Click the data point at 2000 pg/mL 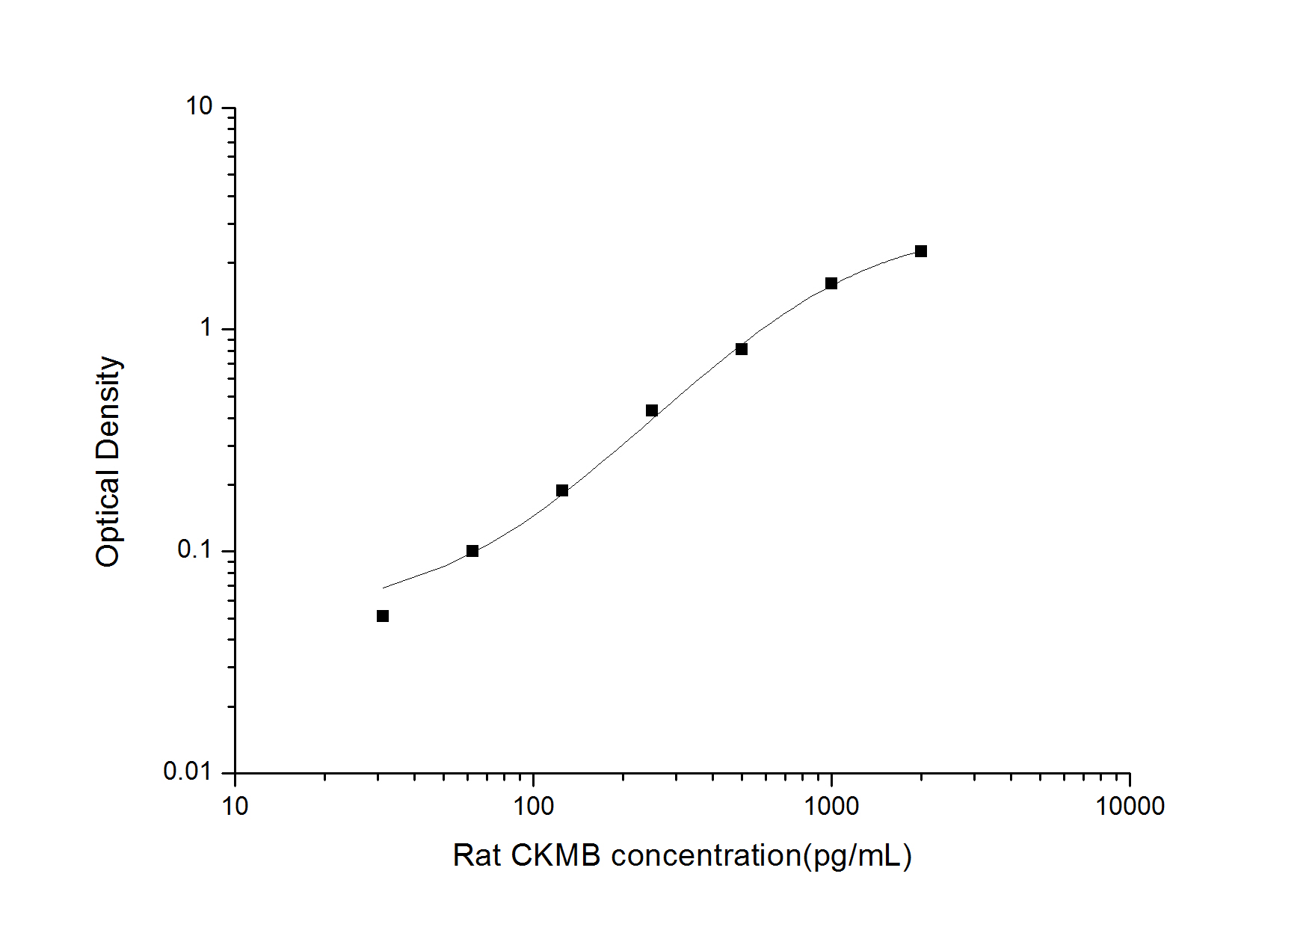pos(921,251)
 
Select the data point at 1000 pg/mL pos(831,283)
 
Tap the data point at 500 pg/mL pos(742,349)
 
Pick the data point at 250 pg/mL pos(652,410)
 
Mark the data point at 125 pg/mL pos(562,490)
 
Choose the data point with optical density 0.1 pos(472,551)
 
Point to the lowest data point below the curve pos(383,616)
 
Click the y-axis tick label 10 pos(200,107)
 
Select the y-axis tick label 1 pos(206,327)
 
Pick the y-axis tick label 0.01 pos(188,771)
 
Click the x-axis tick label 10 pos(235,806)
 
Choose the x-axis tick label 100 pos(533,806)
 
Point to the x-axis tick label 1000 pos(831,806)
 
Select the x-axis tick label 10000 pos(1129,806)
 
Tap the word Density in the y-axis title pos(109,407)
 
